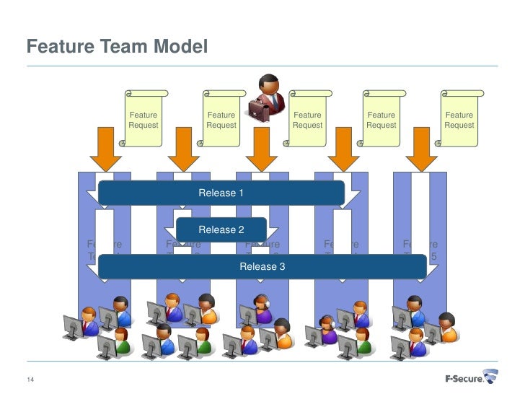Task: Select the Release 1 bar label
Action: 221,193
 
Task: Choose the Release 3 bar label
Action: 262,266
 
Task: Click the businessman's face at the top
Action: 269,86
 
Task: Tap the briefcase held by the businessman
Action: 258,108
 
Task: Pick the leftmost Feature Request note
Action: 144,120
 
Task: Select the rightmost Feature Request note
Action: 459,120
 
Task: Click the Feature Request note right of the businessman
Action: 308,120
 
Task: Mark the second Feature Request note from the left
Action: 221,120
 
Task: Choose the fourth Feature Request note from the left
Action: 381,120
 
